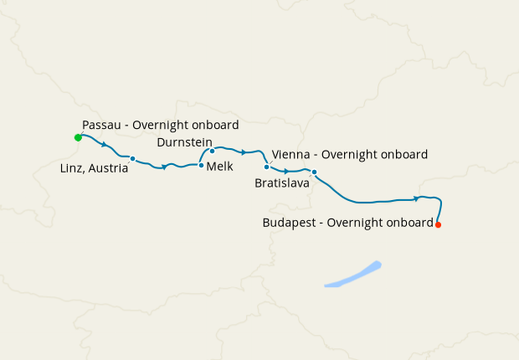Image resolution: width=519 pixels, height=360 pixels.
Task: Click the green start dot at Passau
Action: [x=77, y=136]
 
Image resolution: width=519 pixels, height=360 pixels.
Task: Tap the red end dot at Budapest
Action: [x=438, y=224]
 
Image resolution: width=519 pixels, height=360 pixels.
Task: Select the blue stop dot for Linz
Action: [x=132, y=158]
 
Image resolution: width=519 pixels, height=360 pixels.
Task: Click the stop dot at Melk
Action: [x=201, y=166]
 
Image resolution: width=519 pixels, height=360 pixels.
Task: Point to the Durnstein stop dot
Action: [x=212, y=152]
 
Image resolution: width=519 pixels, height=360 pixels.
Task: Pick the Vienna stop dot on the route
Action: [x=266, y=167]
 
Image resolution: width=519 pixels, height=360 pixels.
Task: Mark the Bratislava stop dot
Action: [x=314, y=172]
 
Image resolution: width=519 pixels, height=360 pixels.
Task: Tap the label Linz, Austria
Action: [x=95, y=168]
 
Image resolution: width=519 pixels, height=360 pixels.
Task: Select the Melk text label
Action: [x=219, y=167]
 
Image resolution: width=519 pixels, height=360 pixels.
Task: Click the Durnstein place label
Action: [x=185, y=142]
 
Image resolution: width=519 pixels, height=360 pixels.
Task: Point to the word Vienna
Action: [x=290, y=155]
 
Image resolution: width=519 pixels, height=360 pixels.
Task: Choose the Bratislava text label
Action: [x=282, y=182]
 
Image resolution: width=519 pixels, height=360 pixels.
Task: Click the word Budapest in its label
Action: [x=290, y=223]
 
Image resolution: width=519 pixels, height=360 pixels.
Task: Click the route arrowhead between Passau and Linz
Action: [x=104, y=145]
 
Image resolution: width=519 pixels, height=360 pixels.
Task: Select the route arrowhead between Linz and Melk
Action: [x=165, y=167]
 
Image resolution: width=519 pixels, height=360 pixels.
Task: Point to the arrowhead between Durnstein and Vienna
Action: [x=243, y=152]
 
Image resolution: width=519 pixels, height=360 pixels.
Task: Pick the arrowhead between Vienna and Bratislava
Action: [x=286, y=172]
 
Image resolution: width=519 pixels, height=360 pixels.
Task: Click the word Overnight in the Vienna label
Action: [x=348, y=155]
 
